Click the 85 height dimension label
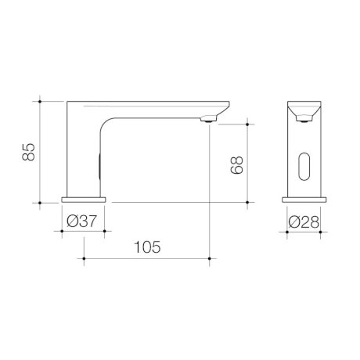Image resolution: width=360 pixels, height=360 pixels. [x=28, y=152]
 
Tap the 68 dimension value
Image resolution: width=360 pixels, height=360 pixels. [x=237, y=165]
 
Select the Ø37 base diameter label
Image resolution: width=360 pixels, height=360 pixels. [x=81, y=221]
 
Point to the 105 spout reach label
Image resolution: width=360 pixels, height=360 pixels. [x=147, y=247]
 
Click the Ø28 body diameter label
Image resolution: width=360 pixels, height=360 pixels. [x=304, y=222]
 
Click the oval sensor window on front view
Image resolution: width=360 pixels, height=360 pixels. [x=304, y=167]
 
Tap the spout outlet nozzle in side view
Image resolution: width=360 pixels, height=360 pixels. [x=208, y=120]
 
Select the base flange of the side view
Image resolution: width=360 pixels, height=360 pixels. [x=84, y=200]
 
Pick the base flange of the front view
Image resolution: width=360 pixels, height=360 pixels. [x=304, y=200]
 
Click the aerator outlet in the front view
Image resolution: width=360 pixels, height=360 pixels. [x=304, y=119]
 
